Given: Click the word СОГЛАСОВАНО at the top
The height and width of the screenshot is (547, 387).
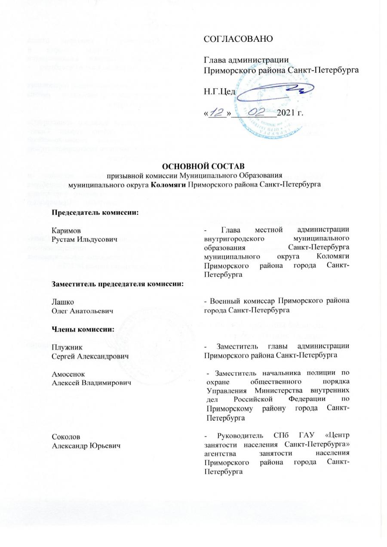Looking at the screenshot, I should coord(238,39).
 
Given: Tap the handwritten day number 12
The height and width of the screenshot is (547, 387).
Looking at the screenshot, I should coord(217,114).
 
